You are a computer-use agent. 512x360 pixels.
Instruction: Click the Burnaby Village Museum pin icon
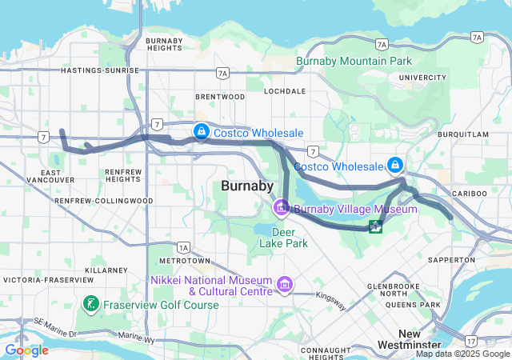click(282, 209)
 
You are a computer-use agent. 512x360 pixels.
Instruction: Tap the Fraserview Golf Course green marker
click(91, 304)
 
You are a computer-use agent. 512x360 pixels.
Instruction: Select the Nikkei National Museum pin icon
click(283, 285)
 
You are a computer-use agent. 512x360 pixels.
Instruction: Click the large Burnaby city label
click(246, 186)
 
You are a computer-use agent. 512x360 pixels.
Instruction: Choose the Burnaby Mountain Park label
click(354, 61)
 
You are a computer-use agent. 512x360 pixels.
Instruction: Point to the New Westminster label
click(421, 339)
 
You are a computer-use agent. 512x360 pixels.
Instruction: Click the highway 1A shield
click(184, 247)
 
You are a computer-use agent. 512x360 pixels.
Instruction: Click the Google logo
click(26, 350)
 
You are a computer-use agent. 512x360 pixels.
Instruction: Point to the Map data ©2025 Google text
click(462, 354)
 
